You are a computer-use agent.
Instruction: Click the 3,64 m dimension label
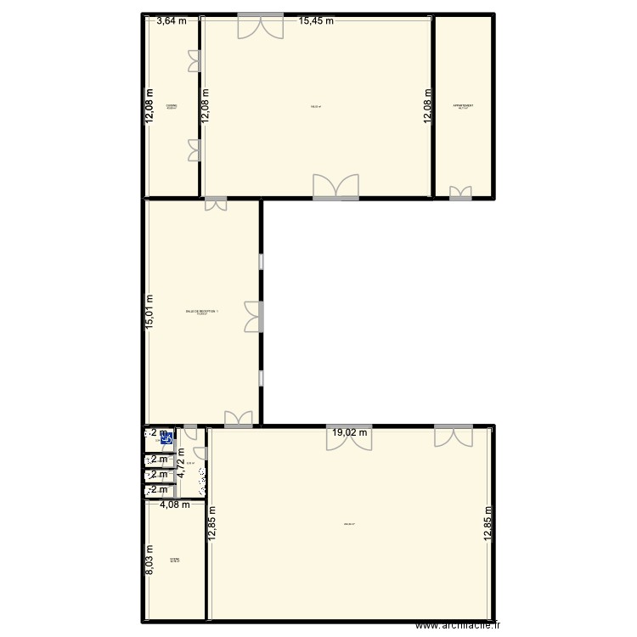tap(172, 22)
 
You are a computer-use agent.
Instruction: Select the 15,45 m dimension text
tap(316, 22)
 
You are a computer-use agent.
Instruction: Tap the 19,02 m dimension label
tap(350, 432)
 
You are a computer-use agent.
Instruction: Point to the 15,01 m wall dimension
tap(149, 314)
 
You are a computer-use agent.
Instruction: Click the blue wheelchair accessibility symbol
tap(167, 439)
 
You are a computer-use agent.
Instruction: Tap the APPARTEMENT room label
tap(463, 106)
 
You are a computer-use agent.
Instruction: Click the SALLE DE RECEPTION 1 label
tap(202, 312)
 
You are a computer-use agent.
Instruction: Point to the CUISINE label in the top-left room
tap(171, 106)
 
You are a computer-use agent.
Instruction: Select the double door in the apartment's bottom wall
tap(460, 193)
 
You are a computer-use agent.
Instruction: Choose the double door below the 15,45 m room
tap(335, 188)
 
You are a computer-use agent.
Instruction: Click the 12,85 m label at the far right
tap(488, 522)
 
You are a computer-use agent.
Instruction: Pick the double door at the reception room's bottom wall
tap(239, 418)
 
